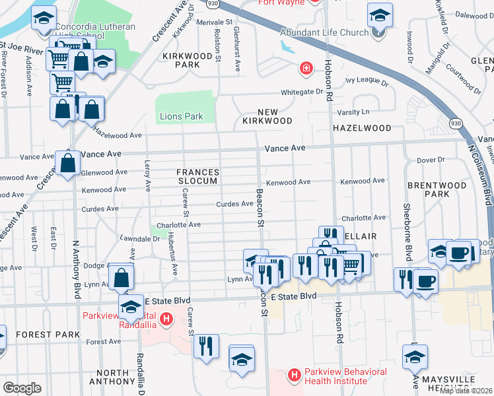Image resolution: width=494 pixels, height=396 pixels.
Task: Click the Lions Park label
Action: coord(181,117)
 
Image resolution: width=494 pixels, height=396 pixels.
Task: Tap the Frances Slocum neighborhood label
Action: coord(197,177)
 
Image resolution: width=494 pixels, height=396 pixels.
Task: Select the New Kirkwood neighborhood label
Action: coord(266,116)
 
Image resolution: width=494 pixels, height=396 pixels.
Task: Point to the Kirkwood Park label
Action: coord(178,61)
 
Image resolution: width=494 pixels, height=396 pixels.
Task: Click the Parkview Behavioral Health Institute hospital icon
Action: coord(295,376)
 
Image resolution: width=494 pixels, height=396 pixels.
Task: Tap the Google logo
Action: coord(22,387)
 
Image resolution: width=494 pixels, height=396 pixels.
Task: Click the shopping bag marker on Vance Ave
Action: coord(68,162)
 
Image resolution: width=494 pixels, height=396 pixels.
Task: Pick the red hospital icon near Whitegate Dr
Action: coord(306,68)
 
